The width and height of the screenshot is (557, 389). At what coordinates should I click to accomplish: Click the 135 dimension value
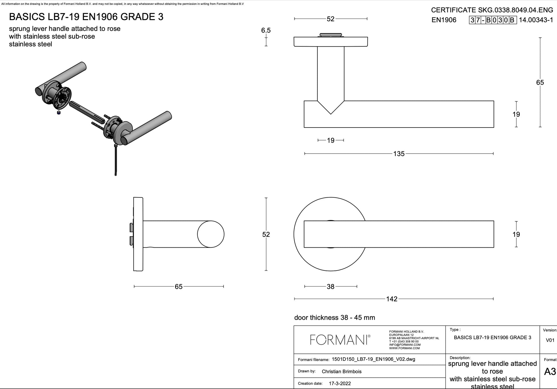pyautogui.click(x=399, y=154)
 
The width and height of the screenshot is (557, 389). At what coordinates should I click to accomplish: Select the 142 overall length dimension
pyautogui.click(x=392, y=299)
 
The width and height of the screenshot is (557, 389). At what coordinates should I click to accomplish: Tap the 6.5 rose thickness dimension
pyautogui.click(x=266, y=30)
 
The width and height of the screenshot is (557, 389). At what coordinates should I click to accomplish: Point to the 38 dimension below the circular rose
pyautogui.click(x=330, y=287)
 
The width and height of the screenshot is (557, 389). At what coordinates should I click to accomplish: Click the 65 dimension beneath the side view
pyautogui.click(x=178, y=287)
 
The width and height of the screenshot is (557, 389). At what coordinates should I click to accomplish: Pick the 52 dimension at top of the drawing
pyautogui.click(x=330, y=19)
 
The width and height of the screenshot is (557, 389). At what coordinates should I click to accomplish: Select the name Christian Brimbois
pyautogui.click(x=341, y=372)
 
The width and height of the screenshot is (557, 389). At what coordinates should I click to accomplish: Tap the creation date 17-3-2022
pyautogui.click(x=340, y=384)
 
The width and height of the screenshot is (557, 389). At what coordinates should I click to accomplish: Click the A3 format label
pyautogui.click(x=550, y=372)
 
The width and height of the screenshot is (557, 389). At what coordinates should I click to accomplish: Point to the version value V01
pyautogui.click(x=550, y=340)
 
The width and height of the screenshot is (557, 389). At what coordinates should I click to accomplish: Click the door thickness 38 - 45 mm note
pyautogui.click(x=334, y=317)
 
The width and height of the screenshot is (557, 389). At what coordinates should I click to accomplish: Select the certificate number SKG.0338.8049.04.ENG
pyautogui.click(x=515, y=10)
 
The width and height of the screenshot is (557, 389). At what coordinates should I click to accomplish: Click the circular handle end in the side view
pyautogui.click(x=211, y=234)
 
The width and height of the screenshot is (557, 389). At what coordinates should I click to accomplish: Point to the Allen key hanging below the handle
pyautogui.click(x=115, y=160)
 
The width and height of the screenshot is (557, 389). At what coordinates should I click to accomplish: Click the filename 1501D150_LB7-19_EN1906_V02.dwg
pyautogui.click(x=373, y=359)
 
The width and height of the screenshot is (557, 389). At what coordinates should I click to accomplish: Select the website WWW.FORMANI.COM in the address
pyautogui.click(x=404, y=348)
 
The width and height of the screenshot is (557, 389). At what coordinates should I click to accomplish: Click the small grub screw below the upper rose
pyautogui.click(x=59, y=112)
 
